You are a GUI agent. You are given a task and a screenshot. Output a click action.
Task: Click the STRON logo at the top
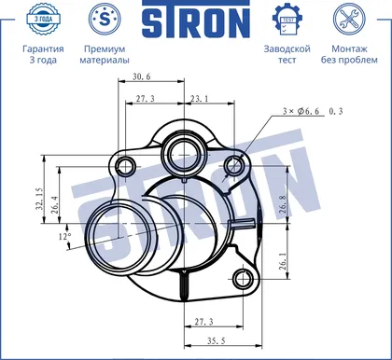pos(196,19)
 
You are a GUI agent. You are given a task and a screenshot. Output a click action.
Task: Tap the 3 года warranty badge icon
pos(43,19)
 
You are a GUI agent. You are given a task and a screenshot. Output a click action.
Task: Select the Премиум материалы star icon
pos(105,19)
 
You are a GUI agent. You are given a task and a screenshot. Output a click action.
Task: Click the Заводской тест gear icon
pos(287,20)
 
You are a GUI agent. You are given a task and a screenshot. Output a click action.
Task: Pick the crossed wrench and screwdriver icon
pos(349,19)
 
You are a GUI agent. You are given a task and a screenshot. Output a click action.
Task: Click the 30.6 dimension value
pos(142,76)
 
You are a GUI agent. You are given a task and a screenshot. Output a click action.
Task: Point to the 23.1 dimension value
pos(200,99)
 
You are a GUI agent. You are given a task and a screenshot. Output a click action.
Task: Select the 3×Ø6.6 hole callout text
pos(301,111)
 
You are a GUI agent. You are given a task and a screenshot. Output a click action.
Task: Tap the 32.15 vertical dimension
pos(40,199)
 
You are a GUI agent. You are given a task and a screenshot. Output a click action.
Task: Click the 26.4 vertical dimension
pos(55,204)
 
